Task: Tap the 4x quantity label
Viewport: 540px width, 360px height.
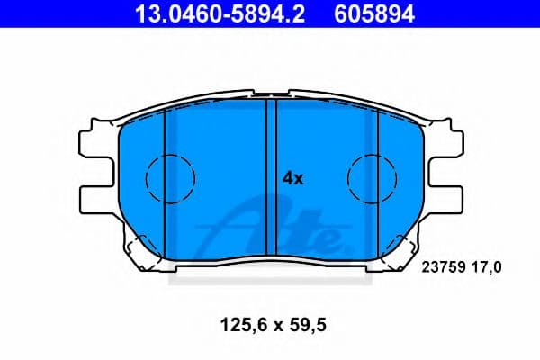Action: click(x=293, y=178)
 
